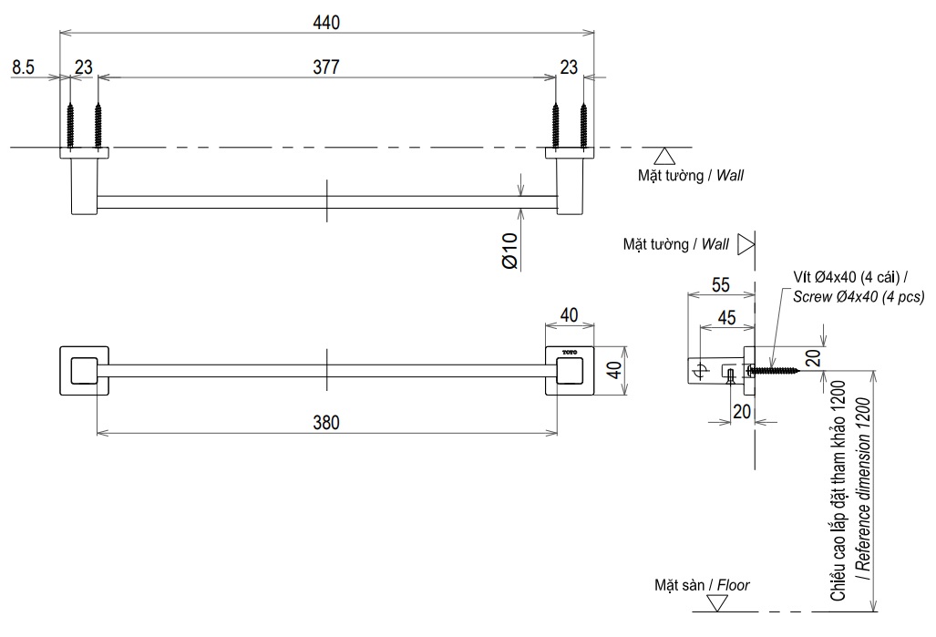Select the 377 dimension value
[x=327, y=68]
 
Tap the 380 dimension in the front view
[x=327, y=422]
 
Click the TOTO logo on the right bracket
[x=570, y=352]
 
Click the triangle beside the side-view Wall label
[x=746, y=244]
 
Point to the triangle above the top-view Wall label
[x=664, y=155]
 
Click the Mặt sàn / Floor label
[x=702, y=585]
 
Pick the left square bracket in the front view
[x=83, y=371]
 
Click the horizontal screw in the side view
[x=775, y=370]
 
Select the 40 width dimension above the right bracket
[x=569, y=314]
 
